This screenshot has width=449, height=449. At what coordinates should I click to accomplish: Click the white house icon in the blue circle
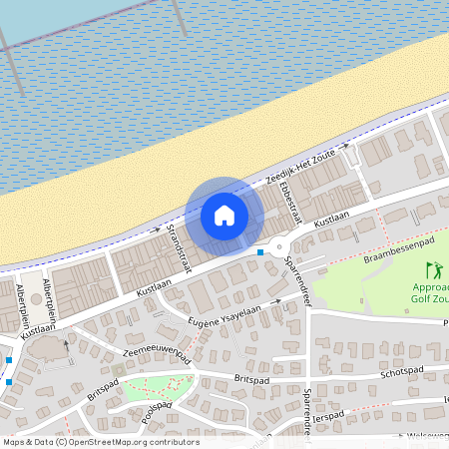(224, 216)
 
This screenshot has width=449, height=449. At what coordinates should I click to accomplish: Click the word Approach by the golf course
(429, 285)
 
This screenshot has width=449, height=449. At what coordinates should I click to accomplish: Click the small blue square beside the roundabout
(260, 252)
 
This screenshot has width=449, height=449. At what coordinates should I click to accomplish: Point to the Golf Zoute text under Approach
(429, 298)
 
